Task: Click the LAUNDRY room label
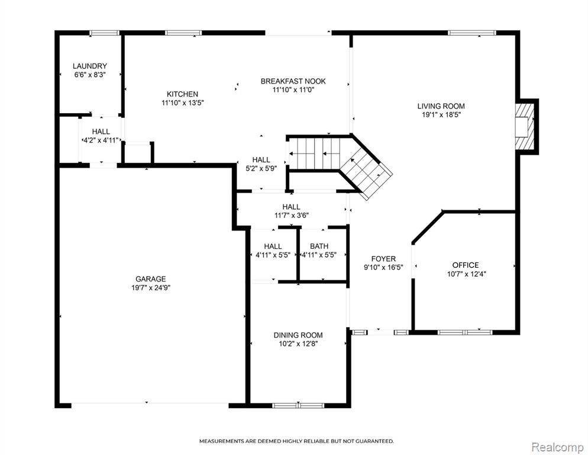point(90,66)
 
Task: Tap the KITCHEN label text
point(182,94)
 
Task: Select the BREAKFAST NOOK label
point(293,81)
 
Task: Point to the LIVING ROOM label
point(441,106)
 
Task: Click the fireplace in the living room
point(525,127)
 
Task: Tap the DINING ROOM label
point(298,335)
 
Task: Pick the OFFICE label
point(466,265)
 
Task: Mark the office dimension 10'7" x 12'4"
point(467,274)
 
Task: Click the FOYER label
point(383,259)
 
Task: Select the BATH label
point(319,246)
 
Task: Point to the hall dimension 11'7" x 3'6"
point(292,216)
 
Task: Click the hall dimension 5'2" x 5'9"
point(261,169)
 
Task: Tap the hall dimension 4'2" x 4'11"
point(101,140)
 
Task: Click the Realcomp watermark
point(558,447)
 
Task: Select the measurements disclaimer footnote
point(296,441)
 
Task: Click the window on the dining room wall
point(298,405)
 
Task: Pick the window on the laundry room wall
point(104,33)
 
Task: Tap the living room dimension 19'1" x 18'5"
point(441,115)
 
